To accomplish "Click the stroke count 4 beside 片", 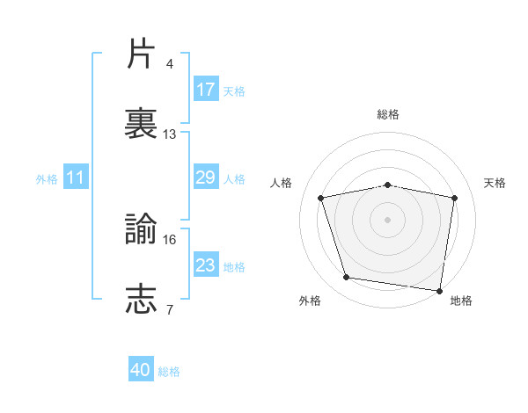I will [x=170, y=64].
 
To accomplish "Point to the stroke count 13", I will [x=170, y=134].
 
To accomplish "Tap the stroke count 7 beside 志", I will [x=170, y=309].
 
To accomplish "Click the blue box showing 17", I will [x=206, y=90].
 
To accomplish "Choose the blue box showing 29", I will [x=206, y=178].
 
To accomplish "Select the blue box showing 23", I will [x=206, y=265].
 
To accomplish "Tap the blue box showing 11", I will [x=76, y=178].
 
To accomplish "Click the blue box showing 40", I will [x=141, y=371].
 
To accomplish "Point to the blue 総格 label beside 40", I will [x=170, y=372].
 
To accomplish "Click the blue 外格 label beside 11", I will [x=47, y=179].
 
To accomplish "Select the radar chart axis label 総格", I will [x=388, y=114].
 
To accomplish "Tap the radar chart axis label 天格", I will [x=495, y=183].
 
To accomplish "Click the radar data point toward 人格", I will [x=321, y=198].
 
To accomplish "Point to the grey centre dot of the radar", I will [x=388, y=219].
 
